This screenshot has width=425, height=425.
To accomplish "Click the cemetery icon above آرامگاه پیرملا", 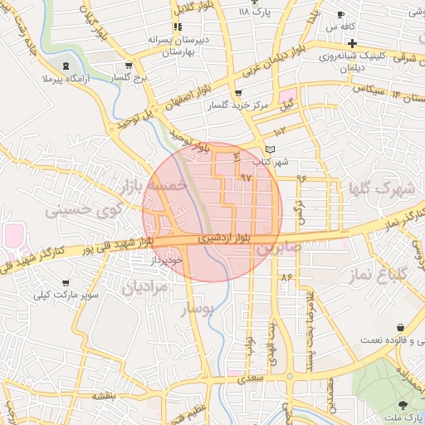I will point(66,64).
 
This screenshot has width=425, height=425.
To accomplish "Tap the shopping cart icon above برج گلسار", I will point(128,65).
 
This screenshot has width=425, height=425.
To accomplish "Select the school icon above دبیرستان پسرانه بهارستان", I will point(178,27).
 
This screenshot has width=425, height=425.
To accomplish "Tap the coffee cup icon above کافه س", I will point(341,15).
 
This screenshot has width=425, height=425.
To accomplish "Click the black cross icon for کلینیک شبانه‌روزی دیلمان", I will point(353,43).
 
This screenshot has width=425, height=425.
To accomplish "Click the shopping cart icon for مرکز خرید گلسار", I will point(238,94).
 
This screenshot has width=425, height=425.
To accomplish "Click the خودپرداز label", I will point(165,260).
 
